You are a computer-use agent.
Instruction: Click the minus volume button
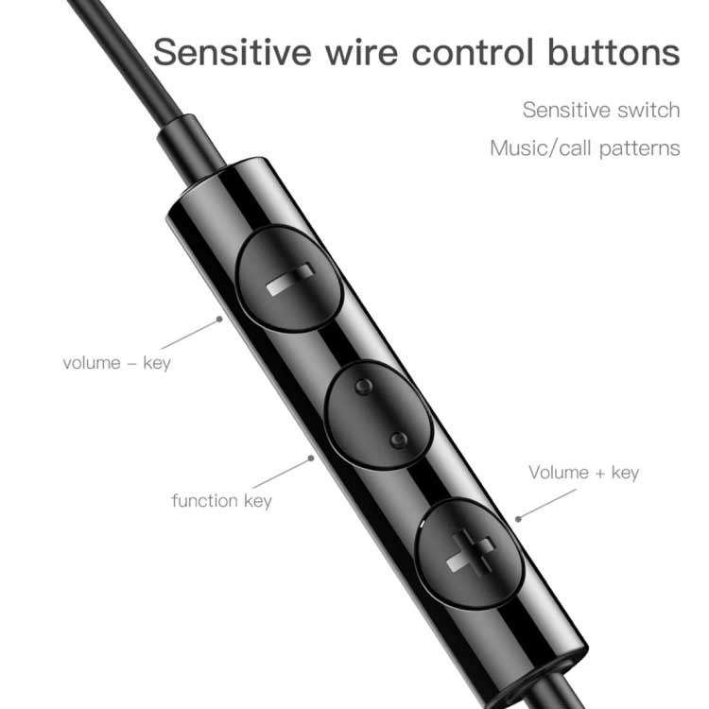coord(287,280)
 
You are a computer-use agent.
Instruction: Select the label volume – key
coord(116,363)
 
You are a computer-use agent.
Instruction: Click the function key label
coord(221,499)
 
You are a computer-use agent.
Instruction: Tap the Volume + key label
coord(583,473)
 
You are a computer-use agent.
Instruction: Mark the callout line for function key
coord(282,474)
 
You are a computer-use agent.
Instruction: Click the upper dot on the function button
coord(362,387)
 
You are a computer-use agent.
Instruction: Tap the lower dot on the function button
coord(399,440)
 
